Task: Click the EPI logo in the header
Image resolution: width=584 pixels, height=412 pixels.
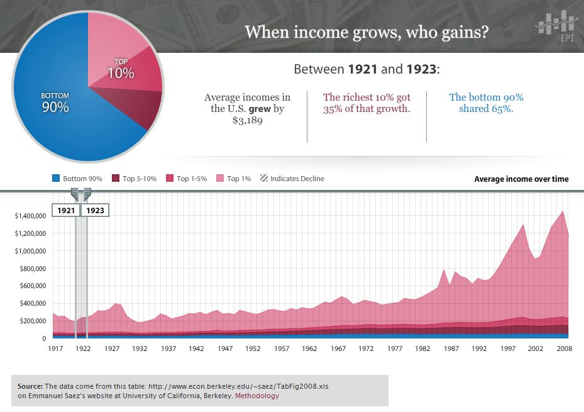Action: point(556,26)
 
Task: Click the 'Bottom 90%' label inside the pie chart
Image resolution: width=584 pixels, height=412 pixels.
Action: point(55,103)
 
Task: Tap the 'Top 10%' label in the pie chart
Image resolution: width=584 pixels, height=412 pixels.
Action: point(121,69)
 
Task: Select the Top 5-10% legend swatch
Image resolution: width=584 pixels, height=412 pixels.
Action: point(116,179)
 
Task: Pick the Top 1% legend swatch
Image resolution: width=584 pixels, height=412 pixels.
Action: point(220,179)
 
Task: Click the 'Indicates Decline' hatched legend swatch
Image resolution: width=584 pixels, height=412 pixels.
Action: point(264,179)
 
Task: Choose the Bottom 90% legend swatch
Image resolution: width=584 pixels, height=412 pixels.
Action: point(56,179)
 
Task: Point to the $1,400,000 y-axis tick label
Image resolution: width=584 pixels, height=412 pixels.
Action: point(30,216)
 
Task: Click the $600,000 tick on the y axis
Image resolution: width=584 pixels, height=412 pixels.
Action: point(31,286)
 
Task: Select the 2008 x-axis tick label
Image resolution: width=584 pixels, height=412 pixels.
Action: point(563,348)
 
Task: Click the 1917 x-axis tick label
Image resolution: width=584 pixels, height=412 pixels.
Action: point(56,348)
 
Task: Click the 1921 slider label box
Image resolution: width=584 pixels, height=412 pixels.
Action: point(65,210)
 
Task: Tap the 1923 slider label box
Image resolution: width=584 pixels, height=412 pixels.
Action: point(95,210)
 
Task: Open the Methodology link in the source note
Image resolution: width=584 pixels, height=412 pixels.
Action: point(256,396)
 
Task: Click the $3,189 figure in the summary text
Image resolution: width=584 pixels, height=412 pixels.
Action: point(247,120)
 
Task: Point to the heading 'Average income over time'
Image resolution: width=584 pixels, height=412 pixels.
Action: point(521,179)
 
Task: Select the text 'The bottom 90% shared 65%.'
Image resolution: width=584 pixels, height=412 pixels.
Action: point(486,103)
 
